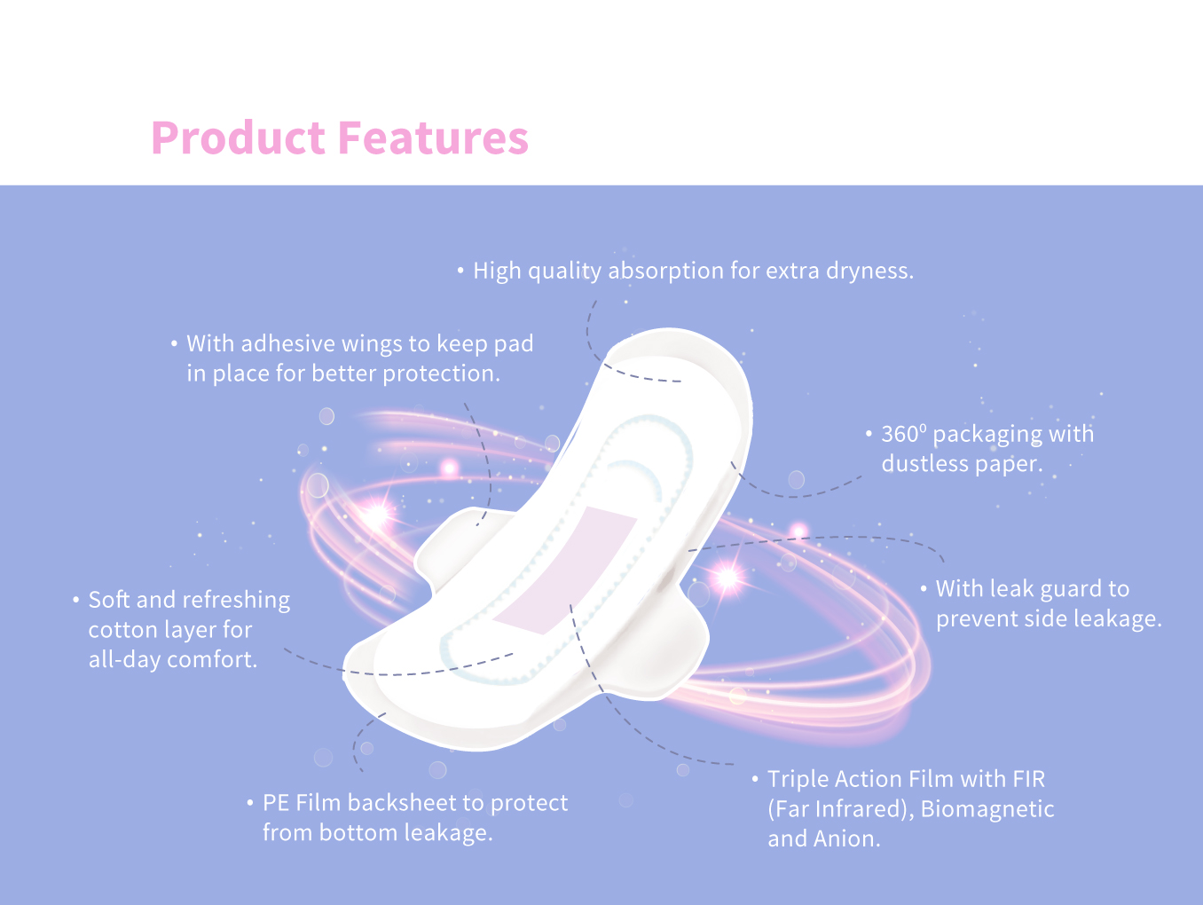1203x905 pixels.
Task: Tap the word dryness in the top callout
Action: (869, 271)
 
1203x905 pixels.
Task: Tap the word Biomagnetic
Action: (987, 809)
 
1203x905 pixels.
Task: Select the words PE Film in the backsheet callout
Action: (302, 803)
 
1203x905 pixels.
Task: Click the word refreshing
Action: (233, 600)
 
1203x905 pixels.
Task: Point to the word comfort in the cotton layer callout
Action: (211, 659)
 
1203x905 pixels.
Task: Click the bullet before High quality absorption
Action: (460, 271)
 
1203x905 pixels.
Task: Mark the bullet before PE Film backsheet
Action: (250, 803)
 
